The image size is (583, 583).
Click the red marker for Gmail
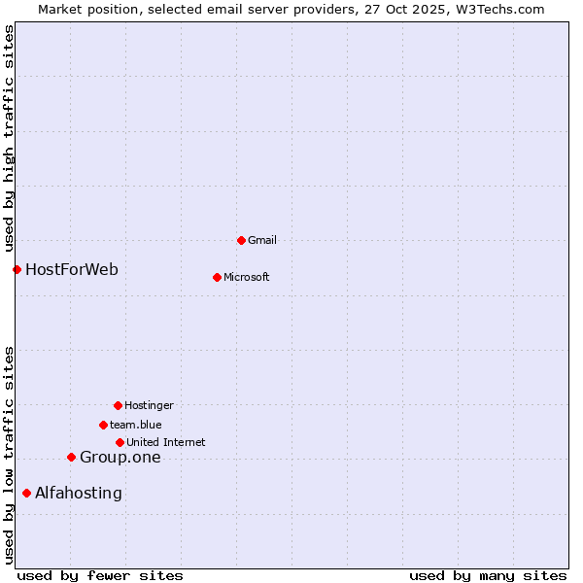pos(241,240)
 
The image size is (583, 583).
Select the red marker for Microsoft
pos(217,277)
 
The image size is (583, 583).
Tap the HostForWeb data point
pos(17,269)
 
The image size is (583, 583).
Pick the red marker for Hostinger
pos(118,405)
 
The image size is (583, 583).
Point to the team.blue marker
pos(103,425)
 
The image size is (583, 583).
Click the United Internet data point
pos(120,442)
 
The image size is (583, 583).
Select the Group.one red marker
pos(71,457)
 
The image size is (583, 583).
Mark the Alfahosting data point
pos(26,493)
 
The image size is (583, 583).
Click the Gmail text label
pos(262,240)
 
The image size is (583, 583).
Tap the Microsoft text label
pos(247,277)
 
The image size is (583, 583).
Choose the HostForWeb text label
pos(72,269)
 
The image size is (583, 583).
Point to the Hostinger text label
pos(149,405)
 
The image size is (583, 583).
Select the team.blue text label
pos(136,425)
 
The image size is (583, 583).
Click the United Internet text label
pos(166,442)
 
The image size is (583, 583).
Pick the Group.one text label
pos(120,458)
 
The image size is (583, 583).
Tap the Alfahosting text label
pos(79,494)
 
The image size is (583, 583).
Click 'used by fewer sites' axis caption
pos(100,575)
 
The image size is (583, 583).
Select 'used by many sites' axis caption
pos(488,575)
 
